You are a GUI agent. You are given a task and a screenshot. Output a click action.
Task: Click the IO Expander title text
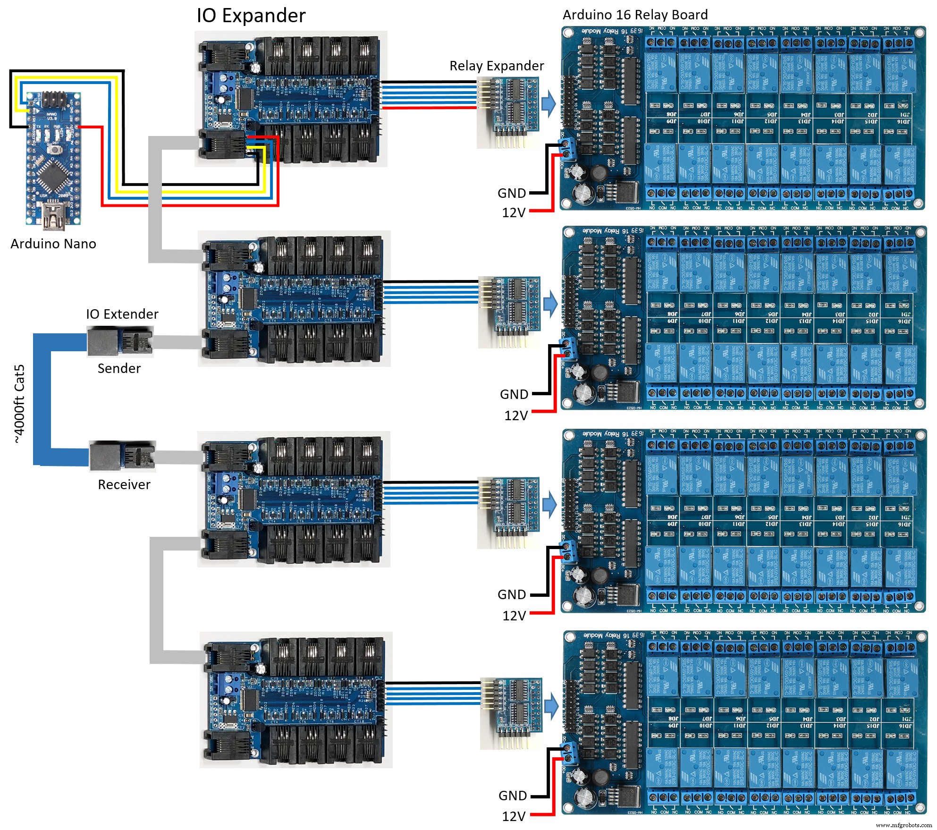251,16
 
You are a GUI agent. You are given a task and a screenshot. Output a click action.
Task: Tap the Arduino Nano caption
53,244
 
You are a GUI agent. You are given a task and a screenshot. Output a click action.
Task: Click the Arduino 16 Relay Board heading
635,15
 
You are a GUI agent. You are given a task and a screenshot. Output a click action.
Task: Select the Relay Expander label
496,66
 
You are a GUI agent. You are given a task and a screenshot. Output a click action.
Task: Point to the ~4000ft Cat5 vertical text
19,404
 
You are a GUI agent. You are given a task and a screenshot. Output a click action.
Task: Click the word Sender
119,368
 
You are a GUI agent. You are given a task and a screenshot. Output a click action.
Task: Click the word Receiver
124,484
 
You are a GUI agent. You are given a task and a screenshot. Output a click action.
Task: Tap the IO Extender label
122,314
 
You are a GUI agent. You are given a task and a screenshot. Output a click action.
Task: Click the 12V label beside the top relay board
514,212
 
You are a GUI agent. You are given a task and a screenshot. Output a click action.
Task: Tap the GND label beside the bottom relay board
513,796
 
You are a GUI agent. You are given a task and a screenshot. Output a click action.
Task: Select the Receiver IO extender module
122,457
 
